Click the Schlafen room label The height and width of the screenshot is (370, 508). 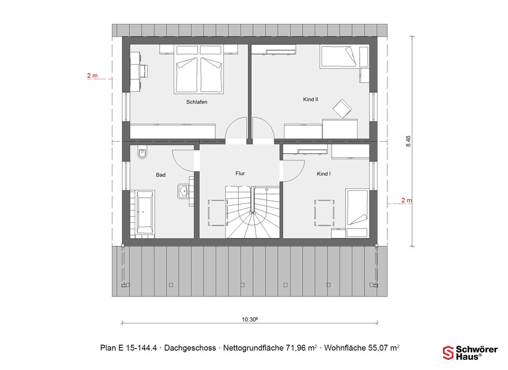[x=197, y=102]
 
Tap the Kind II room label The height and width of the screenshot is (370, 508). [x=310, y=99]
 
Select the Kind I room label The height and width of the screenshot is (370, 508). [x=324, y=174]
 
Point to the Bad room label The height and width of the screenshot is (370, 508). [x=161, y=175]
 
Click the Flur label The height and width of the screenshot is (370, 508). [x=240, y=174]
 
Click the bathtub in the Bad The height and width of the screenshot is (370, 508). [x=145, y=212]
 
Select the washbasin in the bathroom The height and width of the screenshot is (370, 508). [x=183, y=191]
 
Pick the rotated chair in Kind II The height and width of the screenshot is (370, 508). [x=342, y=109]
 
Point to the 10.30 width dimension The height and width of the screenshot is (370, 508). [x=249, y=320]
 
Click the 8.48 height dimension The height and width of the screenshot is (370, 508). [x=408, y=142]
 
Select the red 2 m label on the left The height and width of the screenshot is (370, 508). [x=92, y=76]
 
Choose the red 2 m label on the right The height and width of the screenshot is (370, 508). [x=406, y=200]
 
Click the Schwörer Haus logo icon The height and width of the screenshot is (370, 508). [x=448, y=353]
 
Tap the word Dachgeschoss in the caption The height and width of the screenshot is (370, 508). [x=190, y=348]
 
